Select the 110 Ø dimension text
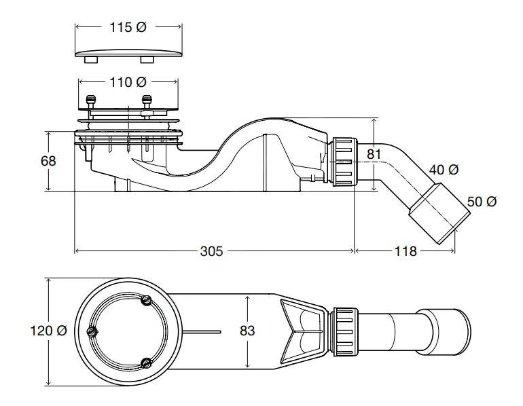tap(128, 81)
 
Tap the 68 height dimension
tap(48, 161)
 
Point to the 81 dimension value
tap(374, 154)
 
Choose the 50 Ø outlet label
tap(482, 202)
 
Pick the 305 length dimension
tap(212, 251)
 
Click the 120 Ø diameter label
tap(48, 331)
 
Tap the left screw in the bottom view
tap(92, 332)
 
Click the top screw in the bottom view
tap(144, 301)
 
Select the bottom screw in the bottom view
tap(145, 362)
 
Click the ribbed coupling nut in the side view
tap(344, 160)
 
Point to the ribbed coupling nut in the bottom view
tap(344, 331)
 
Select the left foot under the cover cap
tap(89, 60)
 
